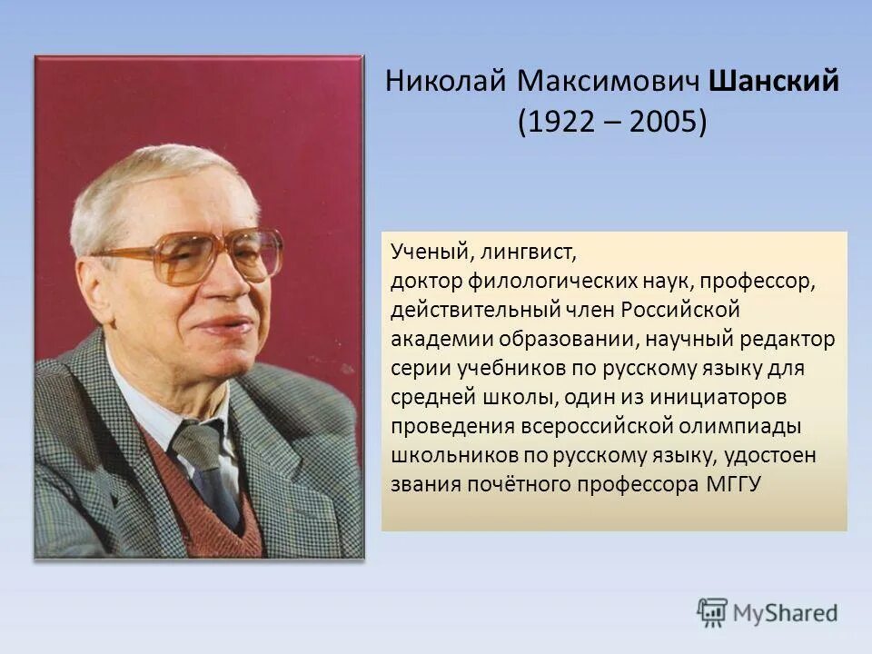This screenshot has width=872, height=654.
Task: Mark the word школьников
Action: pyautogui.click(x=443, y=454)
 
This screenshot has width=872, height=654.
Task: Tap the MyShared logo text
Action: pyautogui.click(x=785, y=613)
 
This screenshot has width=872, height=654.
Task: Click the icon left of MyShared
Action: pyautogui.click(x=712, y=613)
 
